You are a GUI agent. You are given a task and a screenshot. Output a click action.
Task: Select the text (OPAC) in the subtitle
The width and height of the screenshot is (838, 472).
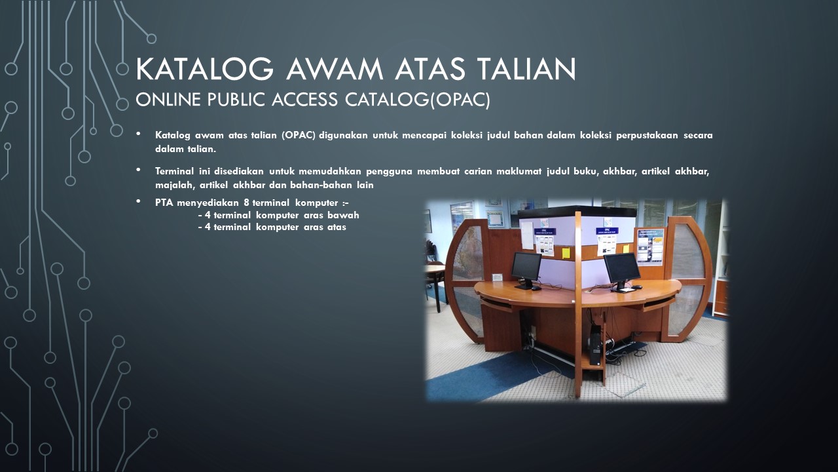pyautogui.click(x=460, y=100)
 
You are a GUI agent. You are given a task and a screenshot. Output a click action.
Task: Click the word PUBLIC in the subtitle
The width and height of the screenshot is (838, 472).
pyautogui.click(x=236, y=100)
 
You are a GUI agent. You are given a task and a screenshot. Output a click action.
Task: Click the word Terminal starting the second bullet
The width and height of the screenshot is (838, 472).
pyautogui.click(x=174, y=171)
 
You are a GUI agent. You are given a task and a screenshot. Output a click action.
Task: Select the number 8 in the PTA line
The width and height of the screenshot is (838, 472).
pyautogui.click(x=246, y=203)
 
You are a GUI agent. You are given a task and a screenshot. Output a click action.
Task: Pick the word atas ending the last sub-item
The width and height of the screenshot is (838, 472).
pyautogui.click(x=337, y=227)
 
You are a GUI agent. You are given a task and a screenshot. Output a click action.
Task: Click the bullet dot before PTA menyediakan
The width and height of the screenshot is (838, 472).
pyautogui.click(x=139, y=201)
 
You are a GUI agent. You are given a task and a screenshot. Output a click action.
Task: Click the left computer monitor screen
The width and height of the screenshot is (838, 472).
pyautogui.click(x=526, y=266)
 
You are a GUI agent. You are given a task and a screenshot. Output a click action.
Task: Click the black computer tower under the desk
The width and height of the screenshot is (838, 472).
pyautogui.click(x=596, y=345)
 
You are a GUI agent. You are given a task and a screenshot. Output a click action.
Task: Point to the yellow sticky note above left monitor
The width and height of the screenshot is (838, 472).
pyautogui.click(x=566, y=253)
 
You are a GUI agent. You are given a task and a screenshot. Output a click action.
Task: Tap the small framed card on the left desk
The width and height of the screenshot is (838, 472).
pyautogui.click(x=497, y=277)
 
